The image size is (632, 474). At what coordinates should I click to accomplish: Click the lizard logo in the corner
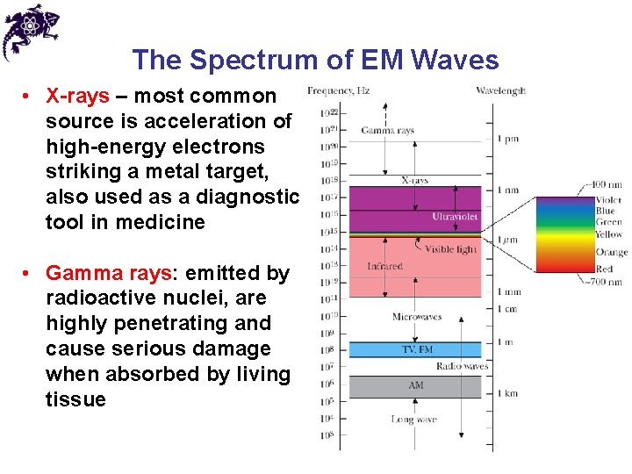pos(29,30)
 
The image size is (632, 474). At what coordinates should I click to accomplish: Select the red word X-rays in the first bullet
pos(78,96)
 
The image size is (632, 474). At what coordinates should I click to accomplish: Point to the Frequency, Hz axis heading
pos(338,90)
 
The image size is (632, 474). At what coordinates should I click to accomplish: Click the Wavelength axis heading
pos(500,90)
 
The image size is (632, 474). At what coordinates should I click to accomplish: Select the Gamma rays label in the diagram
pos(387,131)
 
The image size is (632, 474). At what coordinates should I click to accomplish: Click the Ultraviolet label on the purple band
pos(456,216)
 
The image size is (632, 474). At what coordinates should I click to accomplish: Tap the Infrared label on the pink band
pos(384,266)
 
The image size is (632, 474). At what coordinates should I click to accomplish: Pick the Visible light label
pos(450,249)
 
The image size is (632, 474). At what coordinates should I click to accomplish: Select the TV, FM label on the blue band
pos(417,349)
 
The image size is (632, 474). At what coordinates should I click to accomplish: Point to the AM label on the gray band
pos(416,385)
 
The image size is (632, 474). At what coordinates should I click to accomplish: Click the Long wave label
pos(413,420)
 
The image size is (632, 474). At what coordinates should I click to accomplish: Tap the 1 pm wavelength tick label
pos(507,139)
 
